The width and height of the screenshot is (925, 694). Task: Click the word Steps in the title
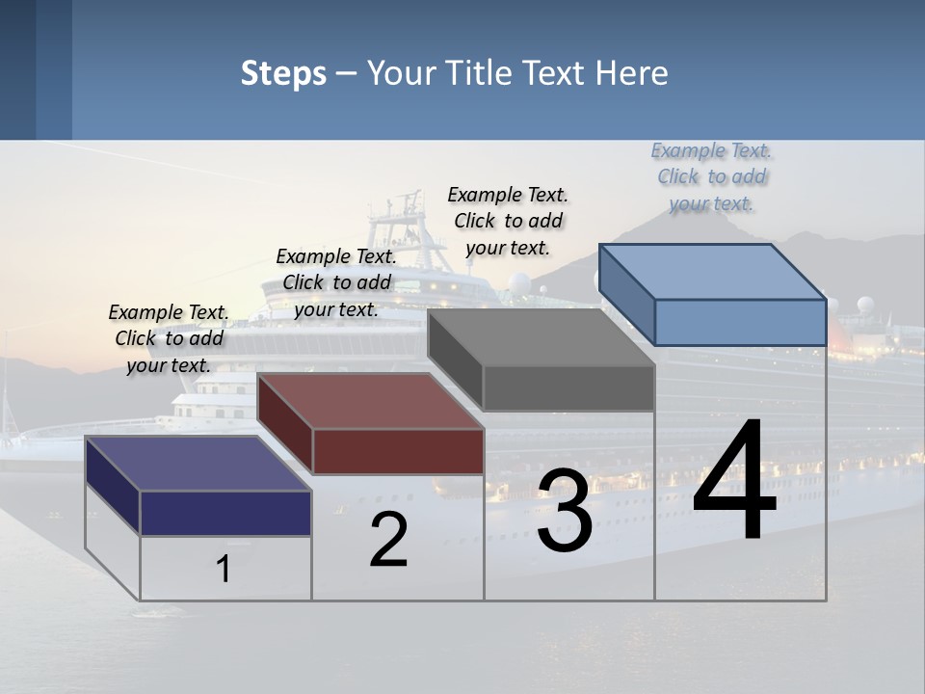[x=283, y=73]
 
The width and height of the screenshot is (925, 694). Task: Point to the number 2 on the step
[x=388, y=539]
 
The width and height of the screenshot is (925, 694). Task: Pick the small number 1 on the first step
[x=223, y=569]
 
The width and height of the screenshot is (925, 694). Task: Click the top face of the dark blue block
[x=198, y=464]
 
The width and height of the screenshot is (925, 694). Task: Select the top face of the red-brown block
[x=371, y=401]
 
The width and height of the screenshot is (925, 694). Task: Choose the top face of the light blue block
[x=713, y=272]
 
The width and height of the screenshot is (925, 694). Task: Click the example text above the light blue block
[x=711, y=176]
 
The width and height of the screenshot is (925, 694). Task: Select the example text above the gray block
[x=508, y=221]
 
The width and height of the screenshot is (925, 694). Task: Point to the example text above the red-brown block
[x=336, y=282]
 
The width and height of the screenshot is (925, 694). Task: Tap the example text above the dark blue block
[x=169, y=338]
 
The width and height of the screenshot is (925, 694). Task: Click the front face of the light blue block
[x=740, y=322]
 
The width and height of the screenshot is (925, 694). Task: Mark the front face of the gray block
[x=568, y=388]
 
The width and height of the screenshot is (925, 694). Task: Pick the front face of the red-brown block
[x=398, y=451]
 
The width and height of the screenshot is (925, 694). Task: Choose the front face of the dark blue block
[x=225, y=513]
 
